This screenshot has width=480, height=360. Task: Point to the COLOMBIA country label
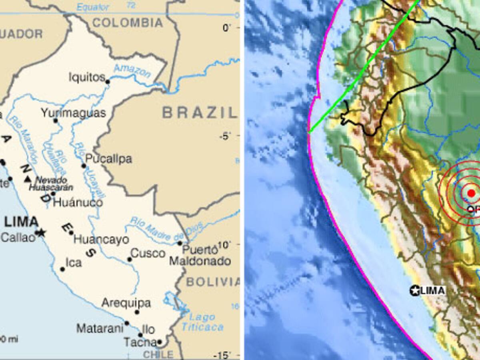click(128, 22)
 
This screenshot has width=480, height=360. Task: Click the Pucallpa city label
click(108, 159)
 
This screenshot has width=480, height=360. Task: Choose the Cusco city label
click(148, 253)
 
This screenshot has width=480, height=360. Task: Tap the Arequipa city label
click(126, 303)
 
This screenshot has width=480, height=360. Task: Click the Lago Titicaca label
click(202, 322)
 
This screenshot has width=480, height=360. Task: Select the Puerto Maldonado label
click(200, 256)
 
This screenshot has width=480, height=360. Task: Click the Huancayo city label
click(101, 240)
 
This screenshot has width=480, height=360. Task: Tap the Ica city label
click(74, 262)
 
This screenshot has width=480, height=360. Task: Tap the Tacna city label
click(140, 342)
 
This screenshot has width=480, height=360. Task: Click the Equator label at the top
click(92, 7)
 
